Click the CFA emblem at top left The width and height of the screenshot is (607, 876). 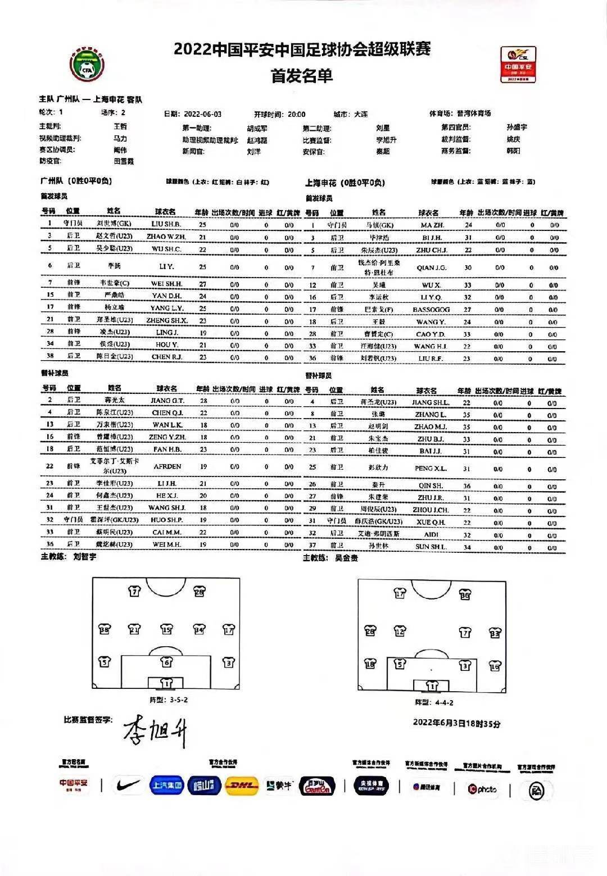87,63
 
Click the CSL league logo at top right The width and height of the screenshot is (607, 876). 518,64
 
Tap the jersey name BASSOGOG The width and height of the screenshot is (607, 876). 431,310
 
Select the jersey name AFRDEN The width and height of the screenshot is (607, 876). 167,466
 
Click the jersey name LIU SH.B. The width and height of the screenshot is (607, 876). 166,224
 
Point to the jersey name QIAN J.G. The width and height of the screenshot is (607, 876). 431,268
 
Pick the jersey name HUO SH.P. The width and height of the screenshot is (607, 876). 167,520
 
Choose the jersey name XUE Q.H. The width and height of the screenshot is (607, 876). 431,522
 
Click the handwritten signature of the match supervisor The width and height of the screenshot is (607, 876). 155,731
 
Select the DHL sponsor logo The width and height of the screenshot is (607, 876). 241,786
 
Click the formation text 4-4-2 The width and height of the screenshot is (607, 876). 442,702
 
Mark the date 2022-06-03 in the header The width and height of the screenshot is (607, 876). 203,114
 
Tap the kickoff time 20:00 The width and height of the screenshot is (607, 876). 297,114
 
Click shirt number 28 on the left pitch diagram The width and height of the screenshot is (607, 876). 199,592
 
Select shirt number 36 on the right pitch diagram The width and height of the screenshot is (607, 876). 464,594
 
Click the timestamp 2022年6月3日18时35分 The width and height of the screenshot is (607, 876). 456,723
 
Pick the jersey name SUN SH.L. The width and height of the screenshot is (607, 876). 431,547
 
